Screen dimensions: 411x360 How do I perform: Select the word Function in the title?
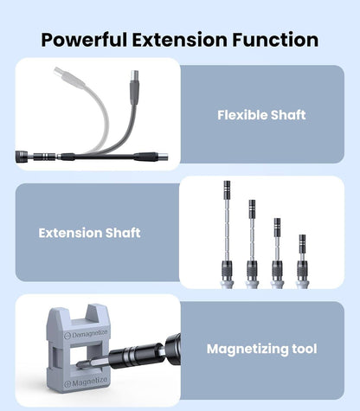pyautogui.click(x=276, y=40)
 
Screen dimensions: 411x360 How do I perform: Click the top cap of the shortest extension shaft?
pyautogui.click(x=302, y=239)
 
